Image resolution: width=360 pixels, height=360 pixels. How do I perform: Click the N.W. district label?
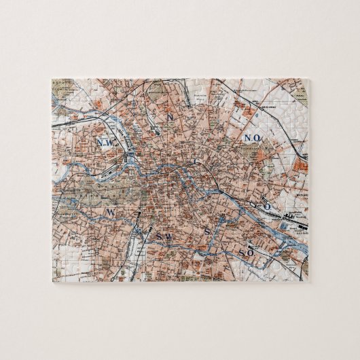(106, 142)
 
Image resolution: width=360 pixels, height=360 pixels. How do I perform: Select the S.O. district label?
(246, 253)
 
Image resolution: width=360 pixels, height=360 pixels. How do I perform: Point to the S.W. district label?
(163, 237)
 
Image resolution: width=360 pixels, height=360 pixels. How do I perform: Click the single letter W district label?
(109, 213)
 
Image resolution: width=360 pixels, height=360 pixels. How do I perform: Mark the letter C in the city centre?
(196, 162)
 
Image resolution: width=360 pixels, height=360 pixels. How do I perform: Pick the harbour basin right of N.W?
(130, 159)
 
